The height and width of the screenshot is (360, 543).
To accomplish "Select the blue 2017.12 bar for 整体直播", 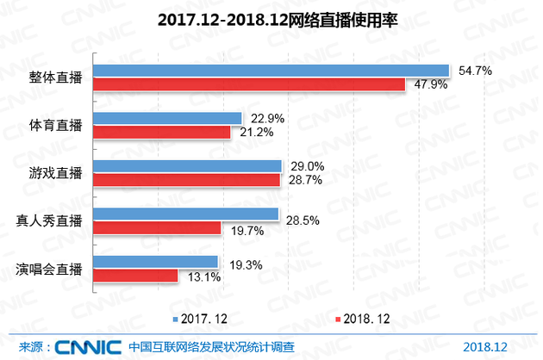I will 271,71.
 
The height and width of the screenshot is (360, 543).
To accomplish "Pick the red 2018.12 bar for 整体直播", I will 248,84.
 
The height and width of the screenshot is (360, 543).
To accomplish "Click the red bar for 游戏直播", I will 186,179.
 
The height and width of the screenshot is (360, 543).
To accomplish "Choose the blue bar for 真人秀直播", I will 185,214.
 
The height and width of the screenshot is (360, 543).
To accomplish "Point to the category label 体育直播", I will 51,125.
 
